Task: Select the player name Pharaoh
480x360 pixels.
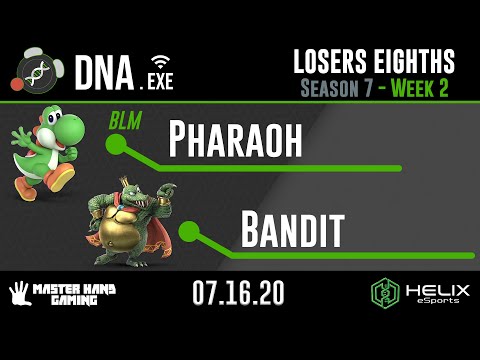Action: click(x=235, y=141)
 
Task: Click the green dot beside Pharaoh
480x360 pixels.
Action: click(x=116, y=146)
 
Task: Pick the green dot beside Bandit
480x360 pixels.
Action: click(x=187, y=233)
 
